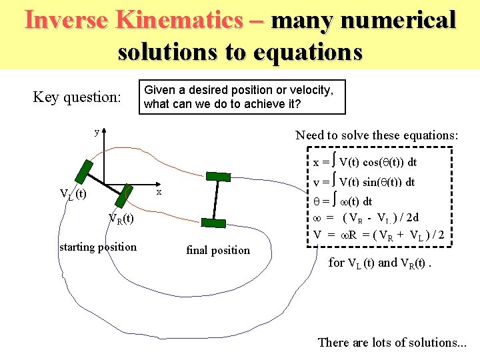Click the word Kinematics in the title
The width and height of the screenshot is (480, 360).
[x=179, y=20]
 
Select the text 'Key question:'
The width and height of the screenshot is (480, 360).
[x=77, y=97]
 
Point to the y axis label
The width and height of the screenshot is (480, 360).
[x=97, y=132]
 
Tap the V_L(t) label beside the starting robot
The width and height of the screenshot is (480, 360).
[x=73, y=194]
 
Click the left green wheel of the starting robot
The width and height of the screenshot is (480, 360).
[x=84, y=171]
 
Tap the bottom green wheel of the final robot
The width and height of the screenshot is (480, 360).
[x=213, y=225]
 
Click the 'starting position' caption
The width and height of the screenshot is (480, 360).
[x=97, y=247]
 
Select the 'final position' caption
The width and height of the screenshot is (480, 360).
[x=218, y=251]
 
